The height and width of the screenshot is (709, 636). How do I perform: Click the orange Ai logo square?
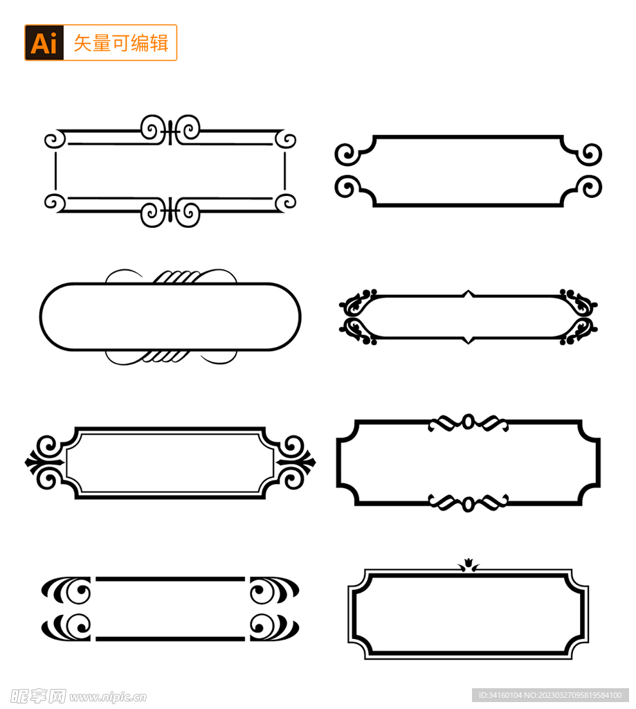pos(44,43)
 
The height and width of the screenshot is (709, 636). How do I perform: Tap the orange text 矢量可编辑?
pos(120,43)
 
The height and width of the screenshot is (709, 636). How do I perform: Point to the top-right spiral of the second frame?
pos(590,154)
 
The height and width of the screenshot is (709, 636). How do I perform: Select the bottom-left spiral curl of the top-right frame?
pos(347,186)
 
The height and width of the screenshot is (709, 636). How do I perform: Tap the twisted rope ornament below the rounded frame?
pos(170,356)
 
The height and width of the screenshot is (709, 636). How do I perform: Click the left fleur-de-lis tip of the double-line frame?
pos(33,462)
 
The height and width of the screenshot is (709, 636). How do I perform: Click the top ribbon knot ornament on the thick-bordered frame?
pos(469,422)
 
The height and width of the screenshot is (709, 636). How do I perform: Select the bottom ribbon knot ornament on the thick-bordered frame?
pos(469,503)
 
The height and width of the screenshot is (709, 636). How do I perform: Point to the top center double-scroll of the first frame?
pos(170,129)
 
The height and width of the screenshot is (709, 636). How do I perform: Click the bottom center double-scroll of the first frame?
pos(170,212)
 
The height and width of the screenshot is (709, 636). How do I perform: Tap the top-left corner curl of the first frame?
pos(55,140)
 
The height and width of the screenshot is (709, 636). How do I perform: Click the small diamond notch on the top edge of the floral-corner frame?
pos(469,294)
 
